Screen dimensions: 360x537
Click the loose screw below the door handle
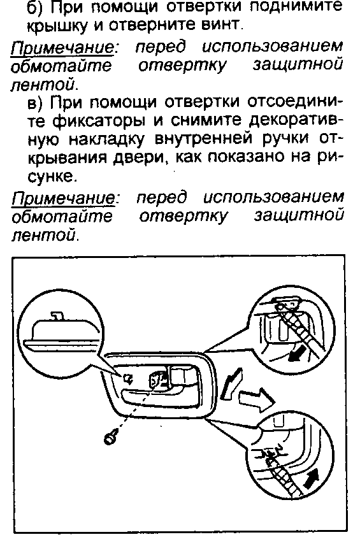pyautogui.click(x=111, y=438)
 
